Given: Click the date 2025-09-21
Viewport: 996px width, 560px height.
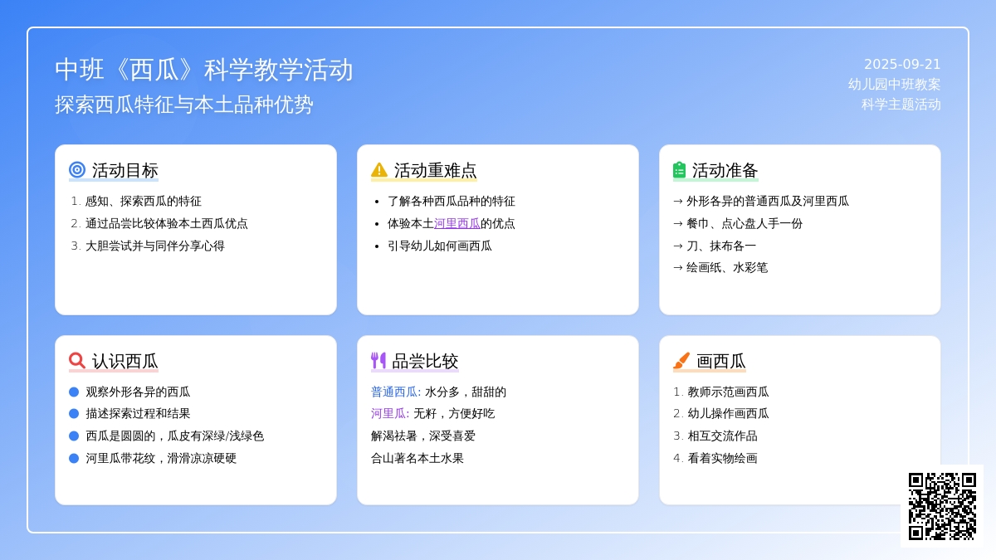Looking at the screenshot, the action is pyautogui.click(x=902, y=65).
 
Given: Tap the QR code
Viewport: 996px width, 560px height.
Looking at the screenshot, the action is pyautogui.click(x=942, y=506).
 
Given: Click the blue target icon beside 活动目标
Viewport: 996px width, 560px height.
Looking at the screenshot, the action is pyautogui.click(x=77, y=170).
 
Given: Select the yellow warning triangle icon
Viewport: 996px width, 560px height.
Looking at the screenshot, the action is pyautogui.click(x=378, y=170).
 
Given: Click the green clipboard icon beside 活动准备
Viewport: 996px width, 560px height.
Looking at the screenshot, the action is pyautogui.click(x=680, y=170).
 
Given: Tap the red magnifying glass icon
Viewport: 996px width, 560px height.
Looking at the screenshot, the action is pyautogui.click(x=77, y=360).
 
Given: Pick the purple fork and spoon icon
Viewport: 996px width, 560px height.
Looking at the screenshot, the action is pyautogui.click(x=378, y=360).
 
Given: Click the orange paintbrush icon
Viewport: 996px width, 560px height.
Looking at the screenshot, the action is pyautogui.click(x=681, y=360).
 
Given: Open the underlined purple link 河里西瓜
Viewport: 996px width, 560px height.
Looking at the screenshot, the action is pyautogui.click(x=457, y=223).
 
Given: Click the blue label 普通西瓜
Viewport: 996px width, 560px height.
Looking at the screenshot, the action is pyautogui.click(x=394, y=392).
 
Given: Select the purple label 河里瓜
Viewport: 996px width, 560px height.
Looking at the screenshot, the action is pyautogui.click(x=388, y=414).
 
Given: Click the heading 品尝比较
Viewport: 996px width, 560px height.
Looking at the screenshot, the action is pyautogui.click(x=425, y=362).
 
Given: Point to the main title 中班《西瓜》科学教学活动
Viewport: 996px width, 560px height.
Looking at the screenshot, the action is pyautogui.click(x=203, y=70).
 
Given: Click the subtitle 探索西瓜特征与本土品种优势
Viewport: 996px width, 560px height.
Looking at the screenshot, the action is pyautogui.click(x=184, y=105).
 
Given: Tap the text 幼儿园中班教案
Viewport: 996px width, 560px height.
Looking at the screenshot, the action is pyautogui.click(x=894, y=85).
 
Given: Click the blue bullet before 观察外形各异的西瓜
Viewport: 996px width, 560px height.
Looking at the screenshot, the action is pyautogui.click(x=74, y=392).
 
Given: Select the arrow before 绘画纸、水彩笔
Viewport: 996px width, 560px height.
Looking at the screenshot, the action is pyautogui.click(x=677, y=267).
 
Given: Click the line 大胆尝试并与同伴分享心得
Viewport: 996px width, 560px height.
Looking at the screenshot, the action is pyautogui.click(x=154, y=246).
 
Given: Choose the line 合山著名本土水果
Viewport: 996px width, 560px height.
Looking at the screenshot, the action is pyautogui.click(x=417, y=458).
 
